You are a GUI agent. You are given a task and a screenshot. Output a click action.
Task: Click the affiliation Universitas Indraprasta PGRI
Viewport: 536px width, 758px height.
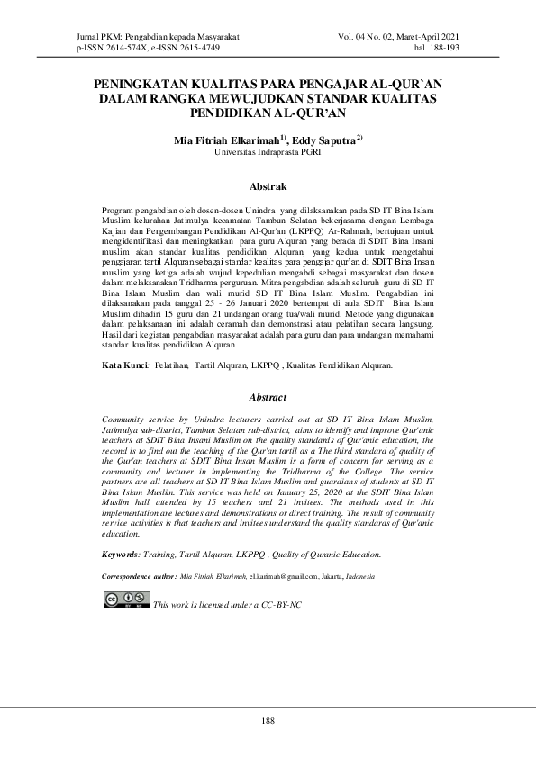268,153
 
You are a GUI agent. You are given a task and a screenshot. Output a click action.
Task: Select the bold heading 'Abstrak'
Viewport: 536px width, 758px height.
268,187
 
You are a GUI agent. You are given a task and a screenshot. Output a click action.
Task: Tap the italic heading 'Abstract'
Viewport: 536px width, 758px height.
268,397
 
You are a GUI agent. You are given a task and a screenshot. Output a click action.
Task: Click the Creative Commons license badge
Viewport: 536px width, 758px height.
126,600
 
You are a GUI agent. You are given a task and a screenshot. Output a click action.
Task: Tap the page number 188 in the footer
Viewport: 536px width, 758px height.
268,720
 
